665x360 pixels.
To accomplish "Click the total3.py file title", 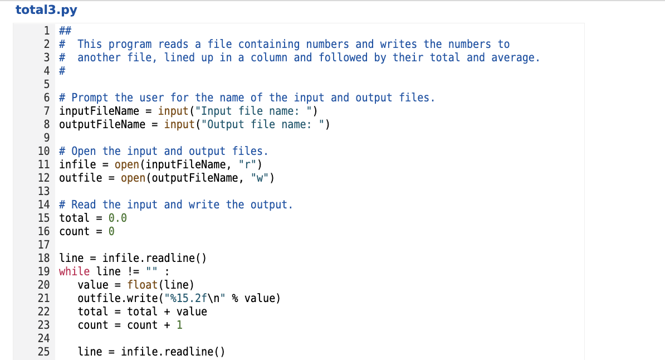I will coord(46,10).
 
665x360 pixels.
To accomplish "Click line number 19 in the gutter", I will coord(44,271).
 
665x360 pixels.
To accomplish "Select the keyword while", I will coord(74,271).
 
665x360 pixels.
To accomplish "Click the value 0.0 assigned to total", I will coord(118,218).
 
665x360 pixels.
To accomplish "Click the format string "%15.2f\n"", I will coord(198,298).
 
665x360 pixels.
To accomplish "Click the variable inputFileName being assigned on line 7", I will coord(99,111).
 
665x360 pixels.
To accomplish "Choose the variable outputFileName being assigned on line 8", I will coord(102,124).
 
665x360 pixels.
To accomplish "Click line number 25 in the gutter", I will coord(44,352).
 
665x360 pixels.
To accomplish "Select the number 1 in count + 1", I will coord(179,325).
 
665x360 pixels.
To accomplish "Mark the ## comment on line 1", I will coord(65,31).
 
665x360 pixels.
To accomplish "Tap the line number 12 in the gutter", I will coord(44,178).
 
